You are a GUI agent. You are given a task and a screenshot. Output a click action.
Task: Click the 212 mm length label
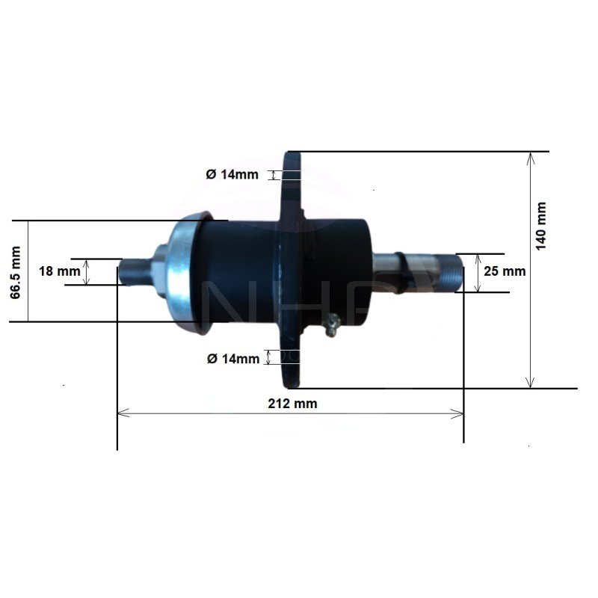point(292,404)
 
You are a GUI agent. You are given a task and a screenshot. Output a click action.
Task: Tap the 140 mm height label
point(541,226)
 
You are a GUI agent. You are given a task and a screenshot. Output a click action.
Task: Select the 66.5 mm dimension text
point(15,272)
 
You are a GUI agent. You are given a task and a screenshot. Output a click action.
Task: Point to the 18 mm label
point(60,271)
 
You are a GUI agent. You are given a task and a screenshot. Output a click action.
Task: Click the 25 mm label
point(505,271)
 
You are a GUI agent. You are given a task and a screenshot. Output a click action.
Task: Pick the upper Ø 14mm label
point(232,174)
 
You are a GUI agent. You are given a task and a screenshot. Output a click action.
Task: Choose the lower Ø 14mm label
point(233,359)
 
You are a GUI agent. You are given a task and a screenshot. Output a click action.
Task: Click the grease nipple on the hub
point(332,324)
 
